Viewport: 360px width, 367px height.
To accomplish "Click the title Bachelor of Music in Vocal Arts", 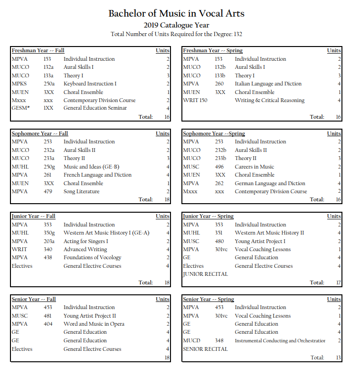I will (x=176, y=13).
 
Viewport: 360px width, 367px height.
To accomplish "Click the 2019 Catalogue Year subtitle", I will (x=176, y=25).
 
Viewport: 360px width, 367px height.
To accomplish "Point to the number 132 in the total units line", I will (x=238, y=34).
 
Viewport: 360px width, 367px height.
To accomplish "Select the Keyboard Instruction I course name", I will (x=90, y=84).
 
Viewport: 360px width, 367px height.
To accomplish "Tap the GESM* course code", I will (x=20, y=108).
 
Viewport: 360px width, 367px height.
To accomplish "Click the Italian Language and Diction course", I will (x=268, y=84).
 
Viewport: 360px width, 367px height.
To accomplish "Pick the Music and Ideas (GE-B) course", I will (x=91, y=167).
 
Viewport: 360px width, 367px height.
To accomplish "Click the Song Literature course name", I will (x=81, y=191).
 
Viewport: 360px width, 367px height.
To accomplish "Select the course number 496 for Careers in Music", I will (x=219, y=167).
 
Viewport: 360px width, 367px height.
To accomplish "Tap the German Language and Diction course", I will (x=270, y=183).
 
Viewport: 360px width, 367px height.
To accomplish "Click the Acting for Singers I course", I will (x=85, y=241).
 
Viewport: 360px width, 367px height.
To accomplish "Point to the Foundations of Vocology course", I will (x=92, y=257).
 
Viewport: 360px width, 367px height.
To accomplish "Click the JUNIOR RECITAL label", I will (x=205, y=274).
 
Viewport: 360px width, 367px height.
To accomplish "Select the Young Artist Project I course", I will (x=260, y=241).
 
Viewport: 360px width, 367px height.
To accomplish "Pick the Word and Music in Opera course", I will (x=94, y=324).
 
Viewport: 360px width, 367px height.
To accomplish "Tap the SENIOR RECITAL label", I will (x=205, y=348).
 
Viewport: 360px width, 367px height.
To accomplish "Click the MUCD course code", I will (x=191, y=340).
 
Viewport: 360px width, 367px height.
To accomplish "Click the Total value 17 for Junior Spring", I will (x=338, y=282).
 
